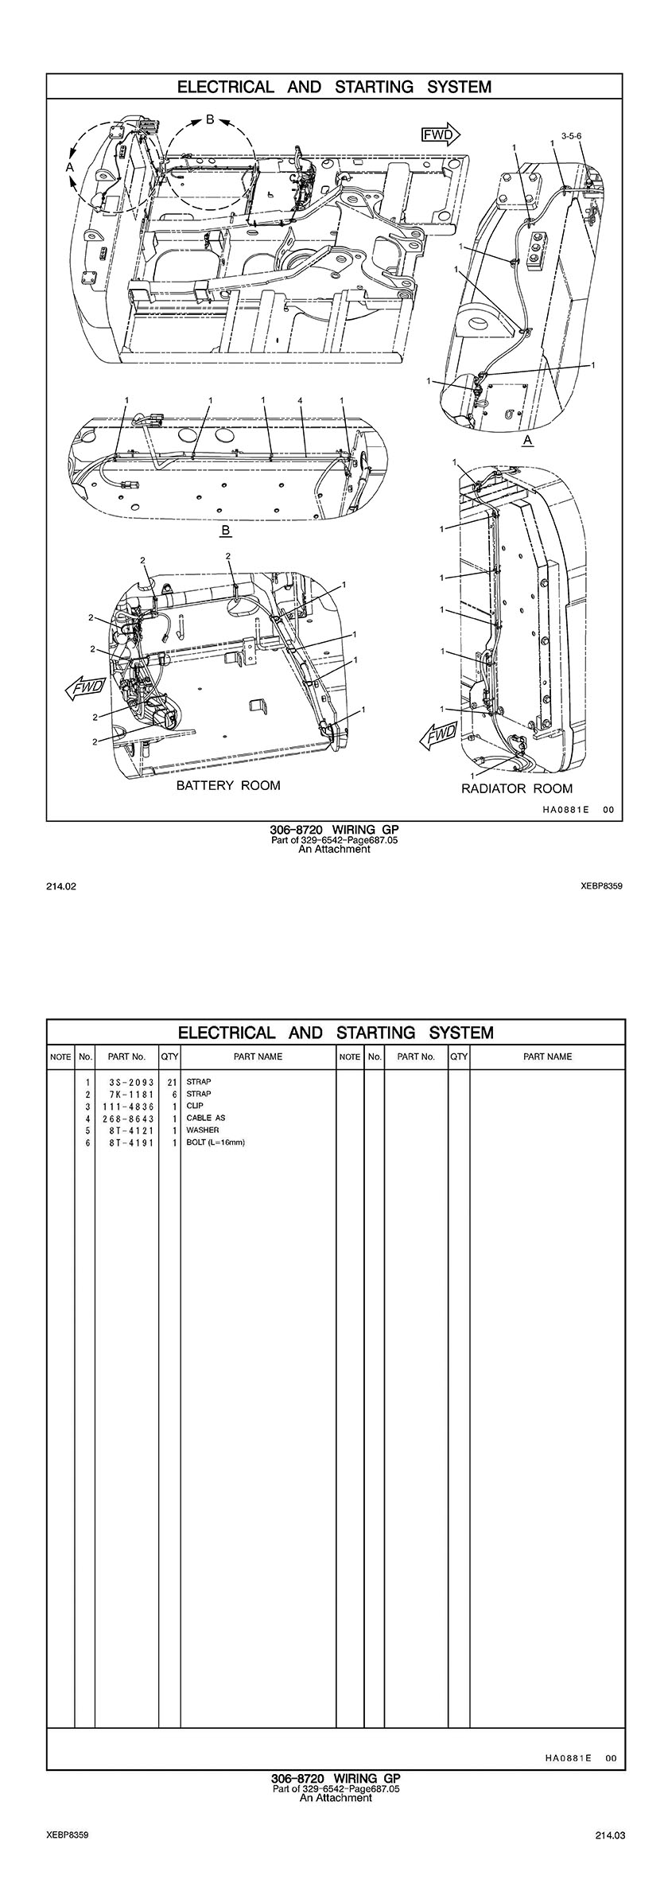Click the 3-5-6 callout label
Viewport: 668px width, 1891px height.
click(571, 136)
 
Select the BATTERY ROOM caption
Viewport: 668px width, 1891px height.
click(228, 786)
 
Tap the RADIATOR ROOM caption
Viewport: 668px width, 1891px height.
click(517, 788)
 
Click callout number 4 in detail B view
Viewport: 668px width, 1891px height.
click(300, 400)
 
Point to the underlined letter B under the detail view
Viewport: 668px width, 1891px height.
click(226, 530)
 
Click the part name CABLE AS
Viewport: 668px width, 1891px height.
click(205, 1118)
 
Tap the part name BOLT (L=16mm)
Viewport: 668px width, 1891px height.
click(216, 1142)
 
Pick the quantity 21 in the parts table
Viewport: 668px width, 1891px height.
click(171, 1082)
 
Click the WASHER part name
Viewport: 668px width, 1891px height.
click(202, 1130)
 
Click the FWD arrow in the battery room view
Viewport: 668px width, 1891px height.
click(85, 685)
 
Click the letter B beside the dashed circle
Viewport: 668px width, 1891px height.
click(210, 119)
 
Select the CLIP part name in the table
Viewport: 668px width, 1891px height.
click(195, 1106)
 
